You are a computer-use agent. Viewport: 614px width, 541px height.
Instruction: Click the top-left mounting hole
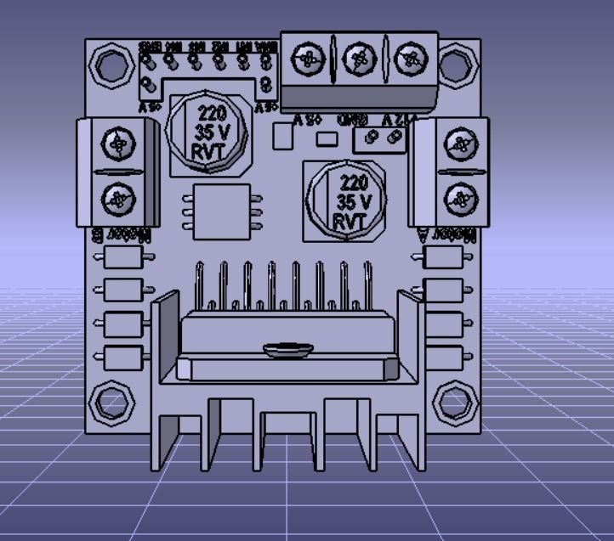(x=111, y=64)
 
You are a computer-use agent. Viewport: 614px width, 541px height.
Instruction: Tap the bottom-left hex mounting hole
(x=111, y=402)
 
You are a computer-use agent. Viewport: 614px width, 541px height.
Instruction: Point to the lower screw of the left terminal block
(x=117, y=200)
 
